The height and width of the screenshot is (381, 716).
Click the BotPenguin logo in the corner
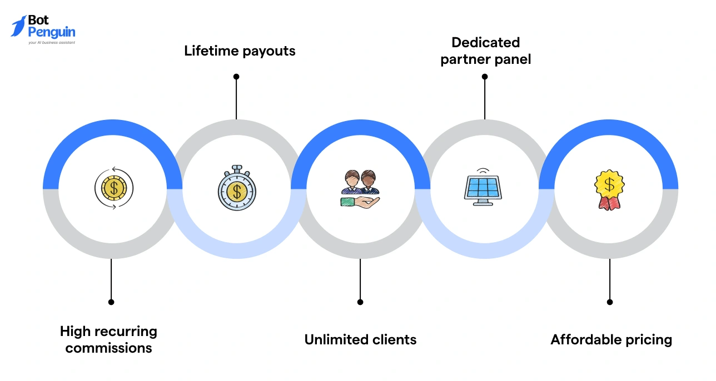(x=43, y=28)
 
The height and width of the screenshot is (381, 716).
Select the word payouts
(x=270, y=52)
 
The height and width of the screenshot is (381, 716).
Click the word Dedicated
(x=485, y=42)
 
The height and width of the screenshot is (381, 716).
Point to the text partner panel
(x=485, y=59)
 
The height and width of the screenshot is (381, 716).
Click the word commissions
(x=108, y=348)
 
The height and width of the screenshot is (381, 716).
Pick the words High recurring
(x=108, y=332)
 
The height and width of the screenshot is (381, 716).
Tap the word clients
(x=395, y=339)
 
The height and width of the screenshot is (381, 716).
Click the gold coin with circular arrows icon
(x=113, y=188)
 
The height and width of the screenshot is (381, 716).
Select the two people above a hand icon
(x=360, y=189)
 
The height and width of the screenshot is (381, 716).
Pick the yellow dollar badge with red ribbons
(x=609, y=189)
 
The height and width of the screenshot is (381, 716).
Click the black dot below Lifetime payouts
(x=236, y=77)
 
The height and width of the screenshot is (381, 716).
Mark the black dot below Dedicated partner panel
(x=484, y=77)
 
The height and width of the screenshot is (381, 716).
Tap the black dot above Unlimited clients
(x=360, y=302)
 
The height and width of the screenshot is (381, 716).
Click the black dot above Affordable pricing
(x=610, y=302)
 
